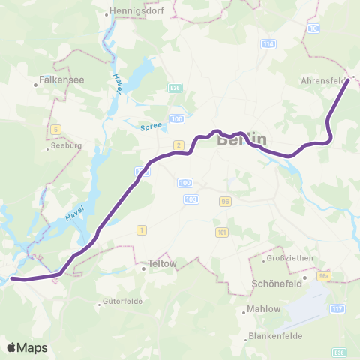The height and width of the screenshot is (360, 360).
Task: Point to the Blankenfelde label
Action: click(274, 335)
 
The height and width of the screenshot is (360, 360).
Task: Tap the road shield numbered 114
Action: click(268, 44)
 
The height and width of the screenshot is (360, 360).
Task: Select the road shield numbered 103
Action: click(190, 199)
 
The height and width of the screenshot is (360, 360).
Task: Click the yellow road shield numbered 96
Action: click(224, 201)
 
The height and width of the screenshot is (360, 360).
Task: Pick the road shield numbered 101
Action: click(220, 232)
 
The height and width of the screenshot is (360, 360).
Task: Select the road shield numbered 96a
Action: click(323, 275)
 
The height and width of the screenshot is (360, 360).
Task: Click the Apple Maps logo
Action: click(27, 347)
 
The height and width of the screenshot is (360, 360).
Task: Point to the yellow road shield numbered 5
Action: click(55, 130)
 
